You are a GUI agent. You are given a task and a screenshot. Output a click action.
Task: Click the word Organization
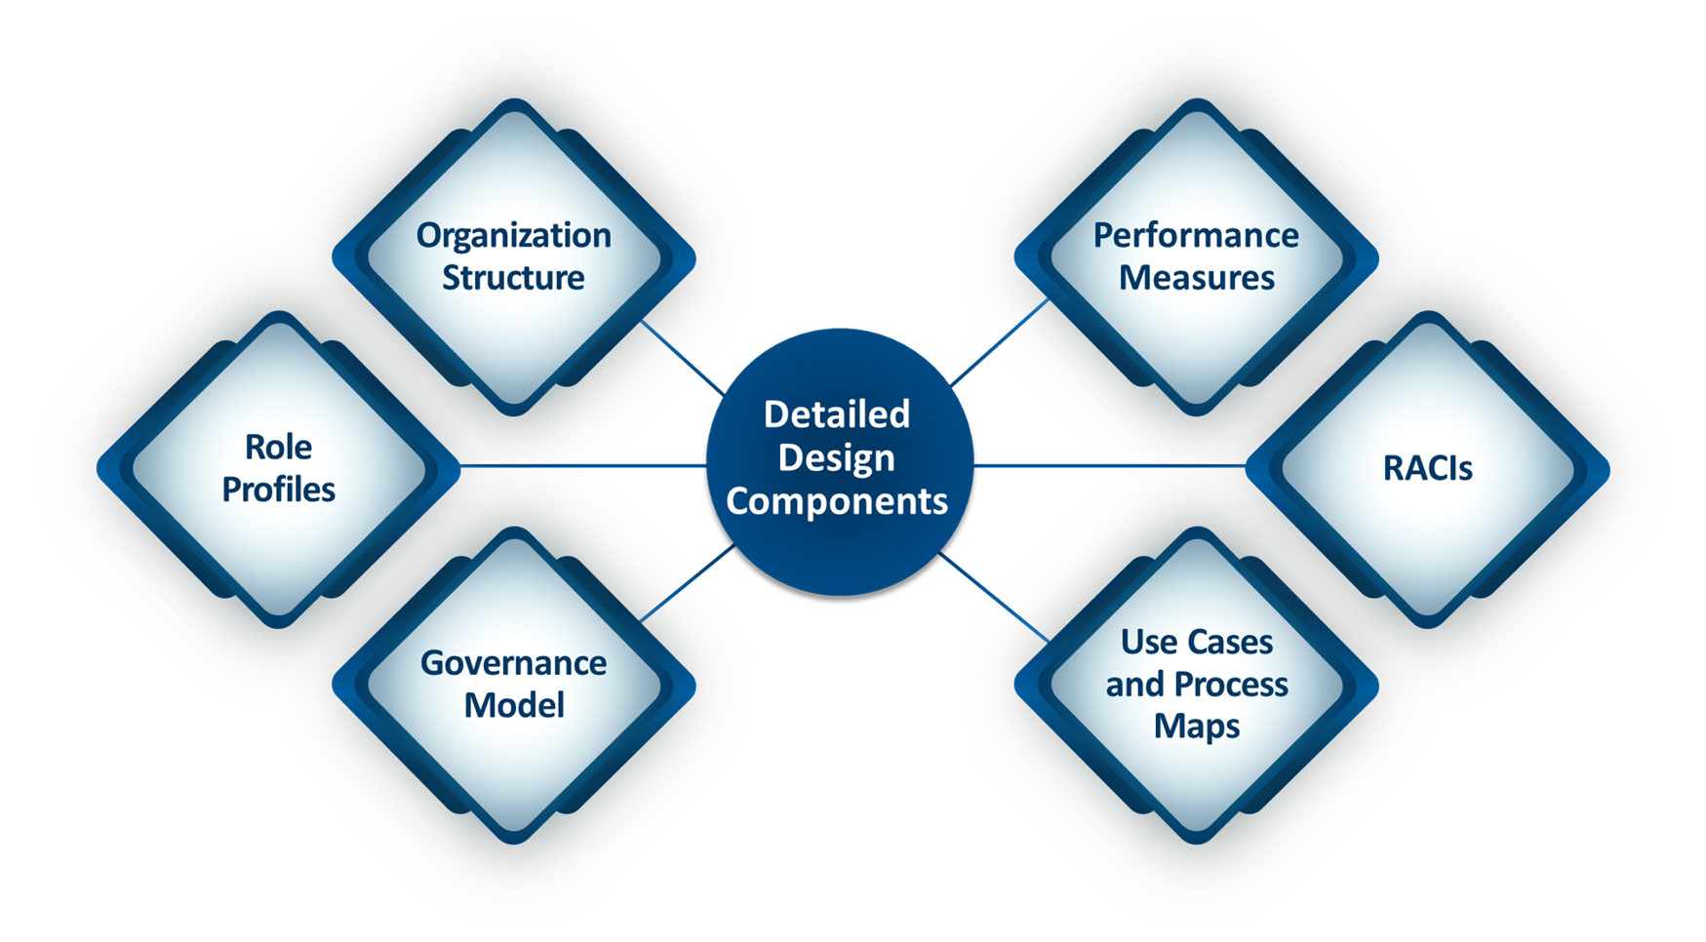pos(513,236)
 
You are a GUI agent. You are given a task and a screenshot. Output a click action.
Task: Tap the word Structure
pos(513,278)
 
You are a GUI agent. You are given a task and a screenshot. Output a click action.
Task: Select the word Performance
pos(1195,236)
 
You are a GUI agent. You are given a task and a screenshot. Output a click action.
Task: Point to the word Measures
pos(1196,278)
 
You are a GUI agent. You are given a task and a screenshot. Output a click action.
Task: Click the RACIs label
pos(1427,469)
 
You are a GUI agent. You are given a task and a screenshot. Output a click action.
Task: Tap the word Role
pos(278,448)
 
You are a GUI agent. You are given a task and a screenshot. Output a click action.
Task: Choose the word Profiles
pos(278,490)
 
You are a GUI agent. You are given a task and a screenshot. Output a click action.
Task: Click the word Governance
pos(513,663)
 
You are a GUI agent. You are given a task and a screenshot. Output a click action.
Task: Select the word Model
pos(513,705)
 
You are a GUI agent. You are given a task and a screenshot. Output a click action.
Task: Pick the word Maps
pos(1196,726)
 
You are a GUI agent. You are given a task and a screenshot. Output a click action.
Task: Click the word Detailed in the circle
pos(836,414)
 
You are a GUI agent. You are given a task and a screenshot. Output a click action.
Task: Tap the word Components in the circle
pos(836,501)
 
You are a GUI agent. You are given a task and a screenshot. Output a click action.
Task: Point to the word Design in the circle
pos(836,457)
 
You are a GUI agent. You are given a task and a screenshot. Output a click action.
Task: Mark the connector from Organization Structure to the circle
pos(683,359)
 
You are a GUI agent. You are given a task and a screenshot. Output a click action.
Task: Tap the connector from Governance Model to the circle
pos(688,582)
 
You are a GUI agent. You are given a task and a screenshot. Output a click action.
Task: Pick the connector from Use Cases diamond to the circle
pos(995,597)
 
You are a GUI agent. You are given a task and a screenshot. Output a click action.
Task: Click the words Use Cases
pos(1196,643)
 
